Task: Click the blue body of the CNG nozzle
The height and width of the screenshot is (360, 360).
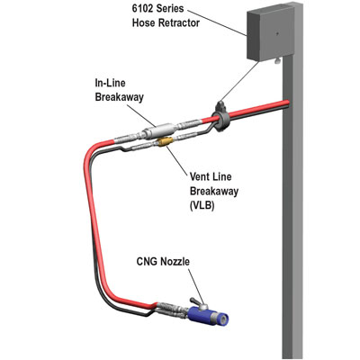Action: pos(204,315)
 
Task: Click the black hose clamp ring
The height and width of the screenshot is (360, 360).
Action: pos(220,117)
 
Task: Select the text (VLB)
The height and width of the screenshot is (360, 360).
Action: pos(202,205)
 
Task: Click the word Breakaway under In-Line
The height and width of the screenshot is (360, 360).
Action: pos(120,97)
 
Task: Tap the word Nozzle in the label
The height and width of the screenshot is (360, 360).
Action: pos(175,262)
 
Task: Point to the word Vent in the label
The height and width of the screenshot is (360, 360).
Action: pos(200,176)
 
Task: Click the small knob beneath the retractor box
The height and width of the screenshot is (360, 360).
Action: pos(276,61)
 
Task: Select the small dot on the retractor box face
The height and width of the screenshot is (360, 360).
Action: pos(277,34)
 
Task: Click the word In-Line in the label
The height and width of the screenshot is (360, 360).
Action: pos(110,83)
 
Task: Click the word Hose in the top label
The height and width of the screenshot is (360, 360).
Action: pos(144,22)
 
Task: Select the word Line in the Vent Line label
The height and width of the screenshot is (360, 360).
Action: pos(222,176)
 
